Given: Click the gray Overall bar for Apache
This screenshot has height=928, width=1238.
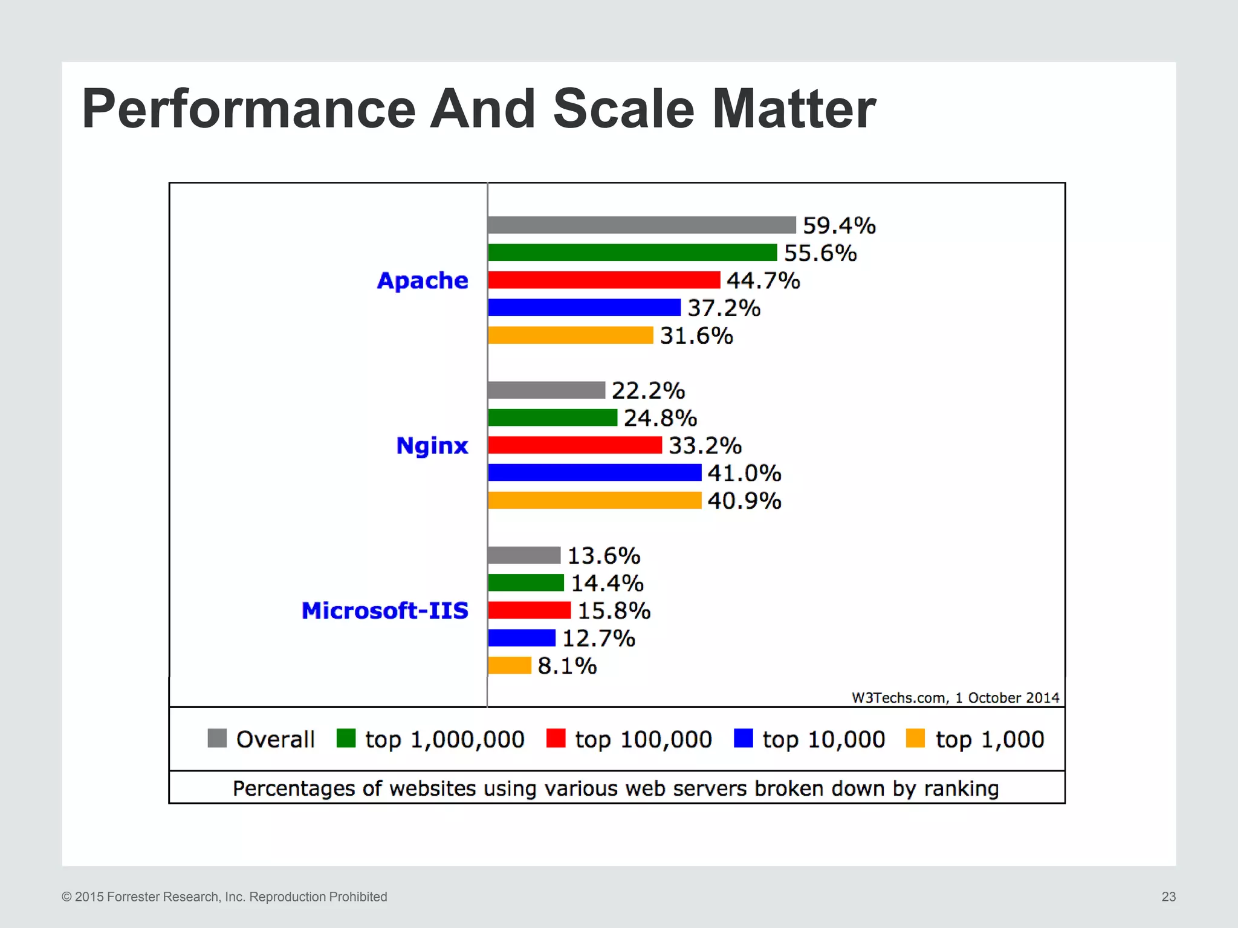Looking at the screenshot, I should click(641, 225).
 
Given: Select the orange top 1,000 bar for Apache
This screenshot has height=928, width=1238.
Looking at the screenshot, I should click(571, 335).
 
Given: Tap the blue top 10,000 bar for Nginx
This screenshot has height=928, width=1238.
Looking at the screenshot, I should click(594, 472).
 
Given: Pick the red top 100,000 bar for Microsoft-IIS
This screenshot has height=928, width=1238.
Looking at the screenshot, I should click(529, 610).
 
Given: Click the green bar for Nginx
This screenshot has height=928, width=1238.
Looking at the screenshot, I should click(553, 417).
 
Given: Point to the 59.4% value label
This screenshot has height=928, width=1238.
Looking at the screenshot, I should click(839, 225).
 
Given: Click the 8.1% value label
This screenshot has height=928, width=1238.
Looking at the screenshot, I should click(567, 666).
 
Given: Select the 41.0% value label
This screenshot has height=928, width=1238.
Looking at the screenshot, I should click(744, 473).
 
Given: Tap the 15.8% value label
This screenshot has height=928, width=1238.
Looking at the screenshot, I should click(614, 611).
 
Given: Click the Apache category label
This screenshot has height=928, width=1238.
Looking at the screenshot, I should click(423, 281).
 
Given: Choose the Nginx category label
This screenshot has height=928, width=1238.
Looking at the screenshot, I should click(432, 446).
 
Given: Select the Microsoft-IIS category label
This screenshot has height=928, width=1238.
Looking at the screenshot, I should click(385, 611).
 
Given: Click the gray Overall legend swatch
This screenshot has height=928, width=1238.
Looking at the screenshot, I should click(217, 738).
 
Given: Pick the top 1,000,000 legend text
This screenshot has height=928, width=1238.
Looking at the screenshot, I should click(444, 739).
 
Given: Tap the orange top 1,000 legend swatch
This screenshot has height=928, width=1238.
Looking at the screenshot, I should click(915, 738).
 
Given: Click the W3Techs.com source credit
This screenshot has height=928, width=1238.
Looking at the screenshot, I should click(955, 698).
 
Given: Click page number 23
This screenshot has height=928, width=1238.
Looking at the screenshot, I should click(1168, 897).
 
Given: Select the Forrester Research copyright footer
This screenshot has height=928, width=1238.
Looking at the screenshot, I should click(224, 897).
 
